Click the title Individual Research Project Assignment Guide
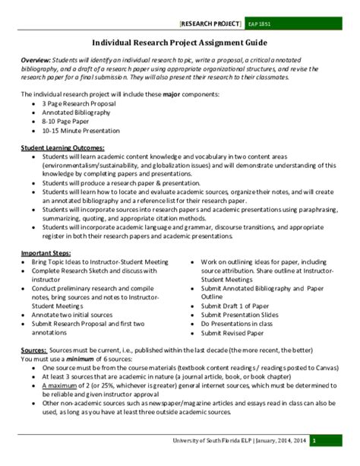coord(179,44)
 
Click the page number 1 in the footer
coord(335,440)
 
